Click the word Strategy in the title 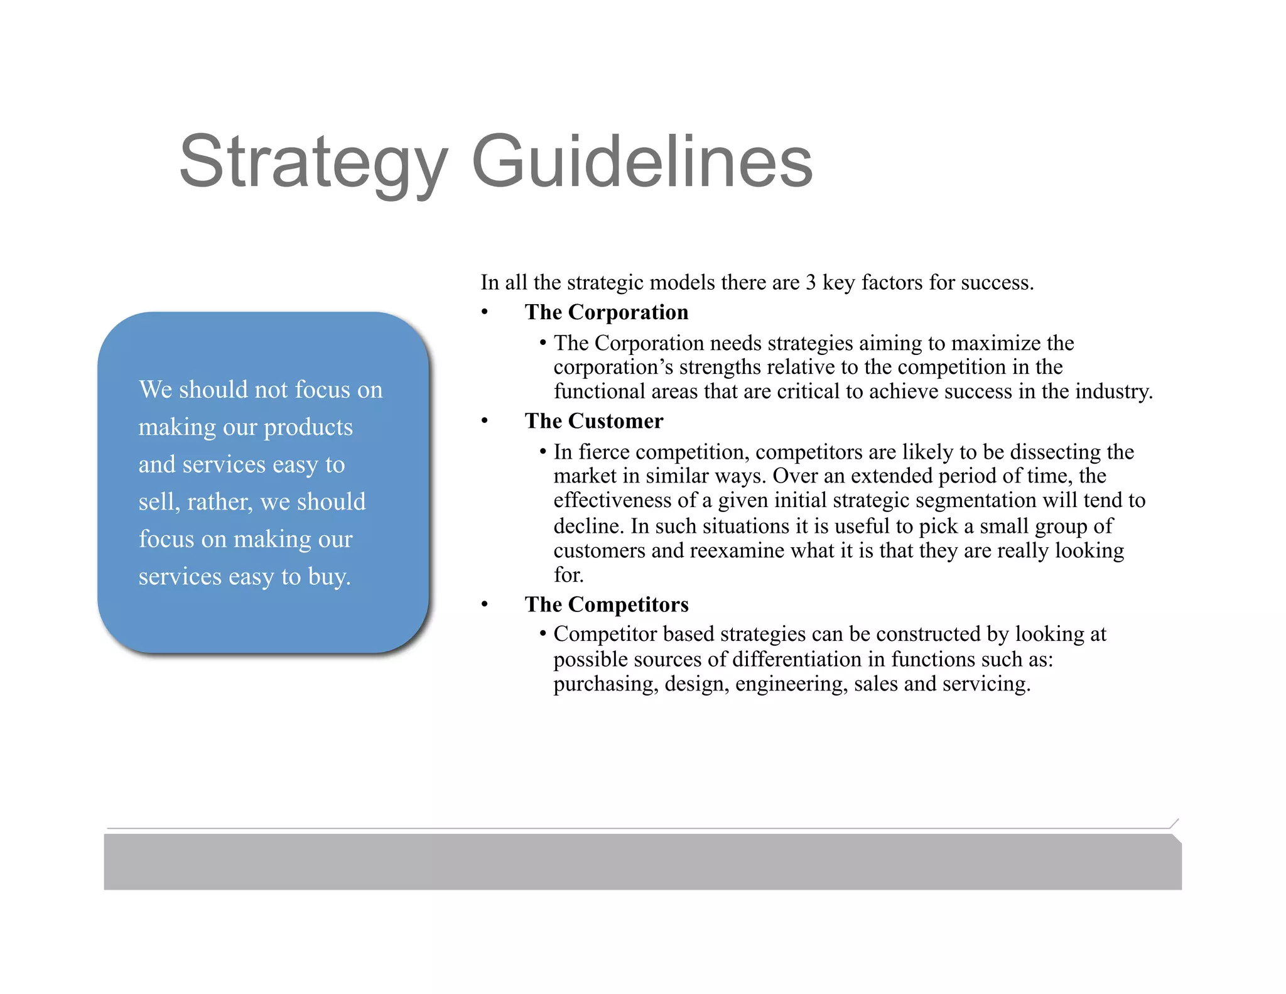(313, 161)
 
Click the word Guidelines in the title (642, 161)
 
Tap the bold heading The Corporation (606, 312)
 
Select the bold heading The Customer (593, 421)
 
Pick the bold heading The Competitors (606, 604)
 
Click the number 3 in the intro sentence (811, 283)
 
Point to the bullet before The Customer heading (484, 422)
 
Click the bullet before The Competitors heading (484, 605)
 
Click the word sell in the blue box (158, 501)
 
